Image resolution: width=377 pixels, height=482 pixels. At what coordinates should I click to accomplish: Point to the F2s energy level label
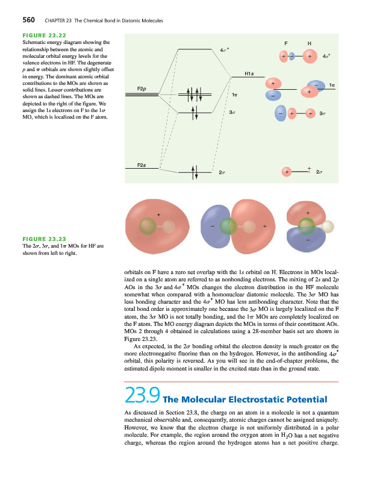(x=143, y=164)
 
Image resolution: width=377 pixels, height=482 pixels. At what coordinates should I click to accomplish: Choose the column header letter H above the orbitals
(x=309, y=43)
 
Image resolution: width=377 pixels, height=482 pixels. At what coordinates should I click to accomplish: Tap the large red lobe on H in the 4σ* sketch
(x=310, y=56)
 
